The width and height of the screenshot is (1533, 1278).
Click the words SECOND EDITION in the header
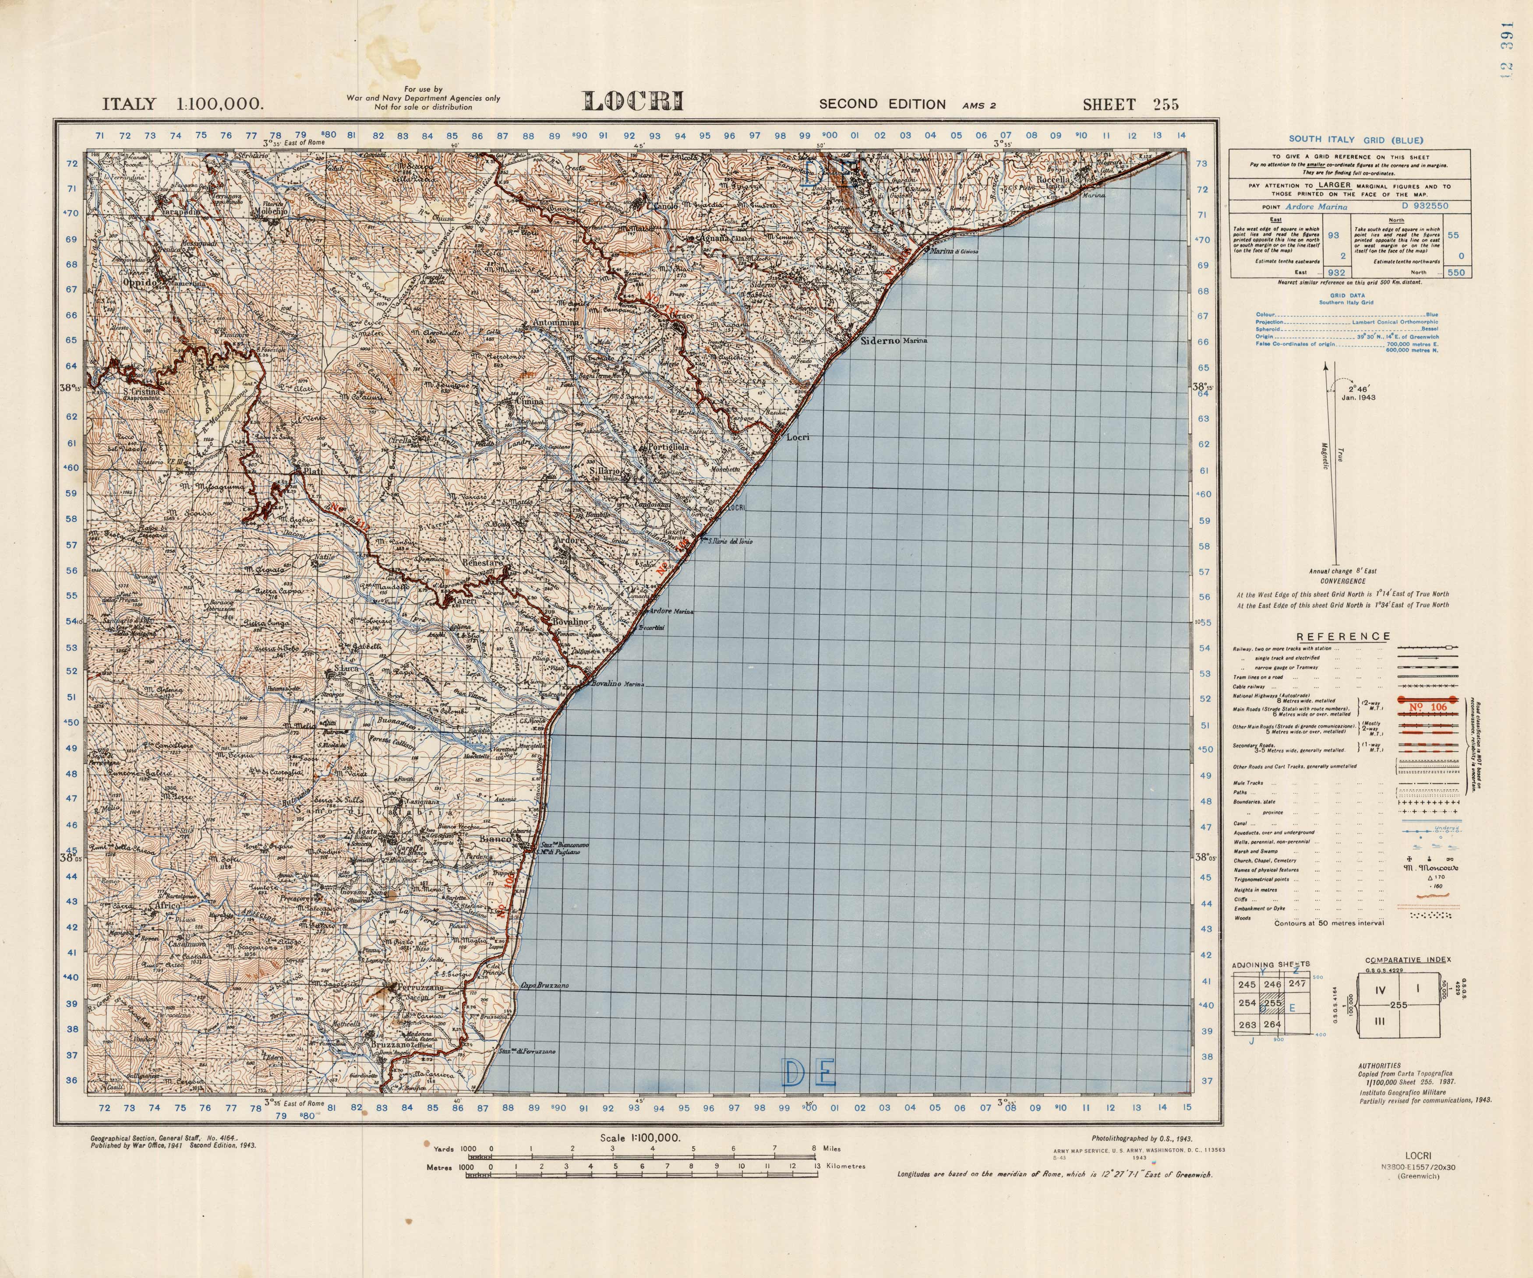pos(882,104)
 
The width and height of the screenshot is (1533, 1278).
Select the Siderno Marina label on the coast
pos(892,341)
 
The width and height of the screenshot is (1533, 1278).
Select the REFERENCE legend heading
pos(1343,637)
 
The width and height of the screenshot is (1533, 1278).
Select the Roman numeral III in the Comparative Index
pos(1378,1021)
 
